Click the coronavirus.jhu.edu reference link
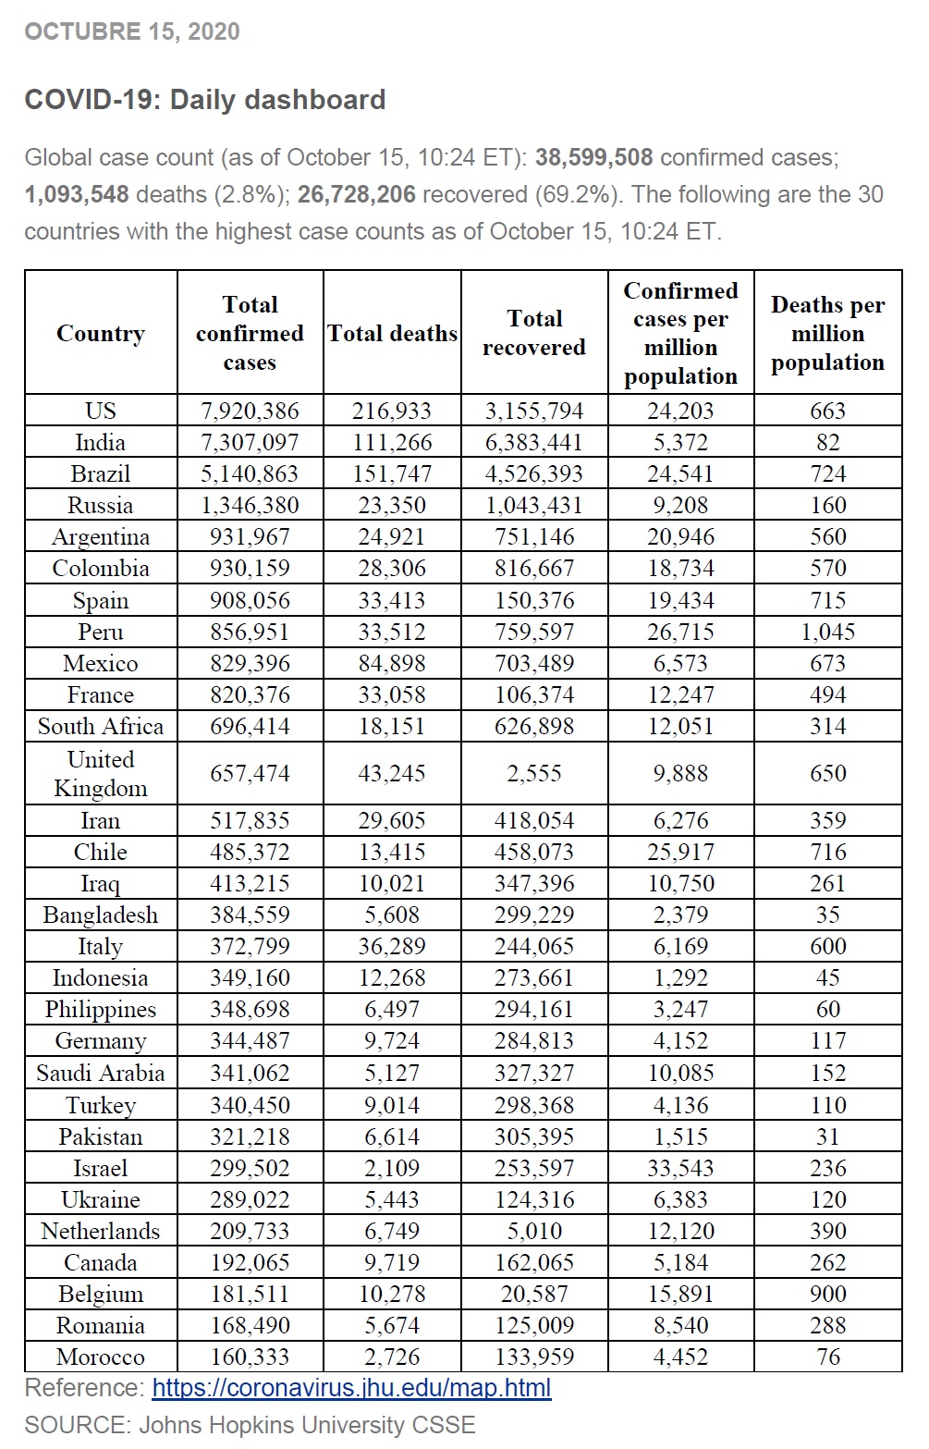[x=351, y=1388]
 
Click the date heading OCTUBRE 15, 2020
[x=132, y=32]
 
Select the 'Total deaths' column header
[x=392, y=334]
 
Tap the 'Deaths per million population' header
[x=827, y=334]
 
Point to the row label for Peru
[x=101, y=632]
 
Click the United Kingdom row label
[x=101, y=774]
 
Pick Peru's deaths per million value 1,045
[x=827, y=632]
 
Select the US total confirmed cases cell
[x=250, y=411]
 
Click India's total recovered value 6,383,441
[x=533, y=443]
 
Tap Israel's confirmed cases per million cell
[x=680, y=1168]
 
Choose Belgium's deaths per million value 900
[x=827, y=1294]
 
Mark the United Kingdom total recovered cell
[x=533, y=774]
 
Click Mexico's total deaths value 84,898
[x=392, y=664]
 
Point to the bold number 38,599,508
[x=593, y=158]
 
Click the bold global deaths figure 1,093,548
[x=77, y=195]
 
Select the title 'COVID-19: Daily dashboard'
[x=205, y=100]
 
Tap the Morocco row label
[x=101, y=1357]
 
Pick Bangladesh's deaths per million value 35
[x=827, y=915]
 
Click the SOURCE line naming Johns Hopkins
[x=250, y=1425]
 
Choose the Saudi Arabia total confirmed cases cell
[x=250, y=1074]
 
